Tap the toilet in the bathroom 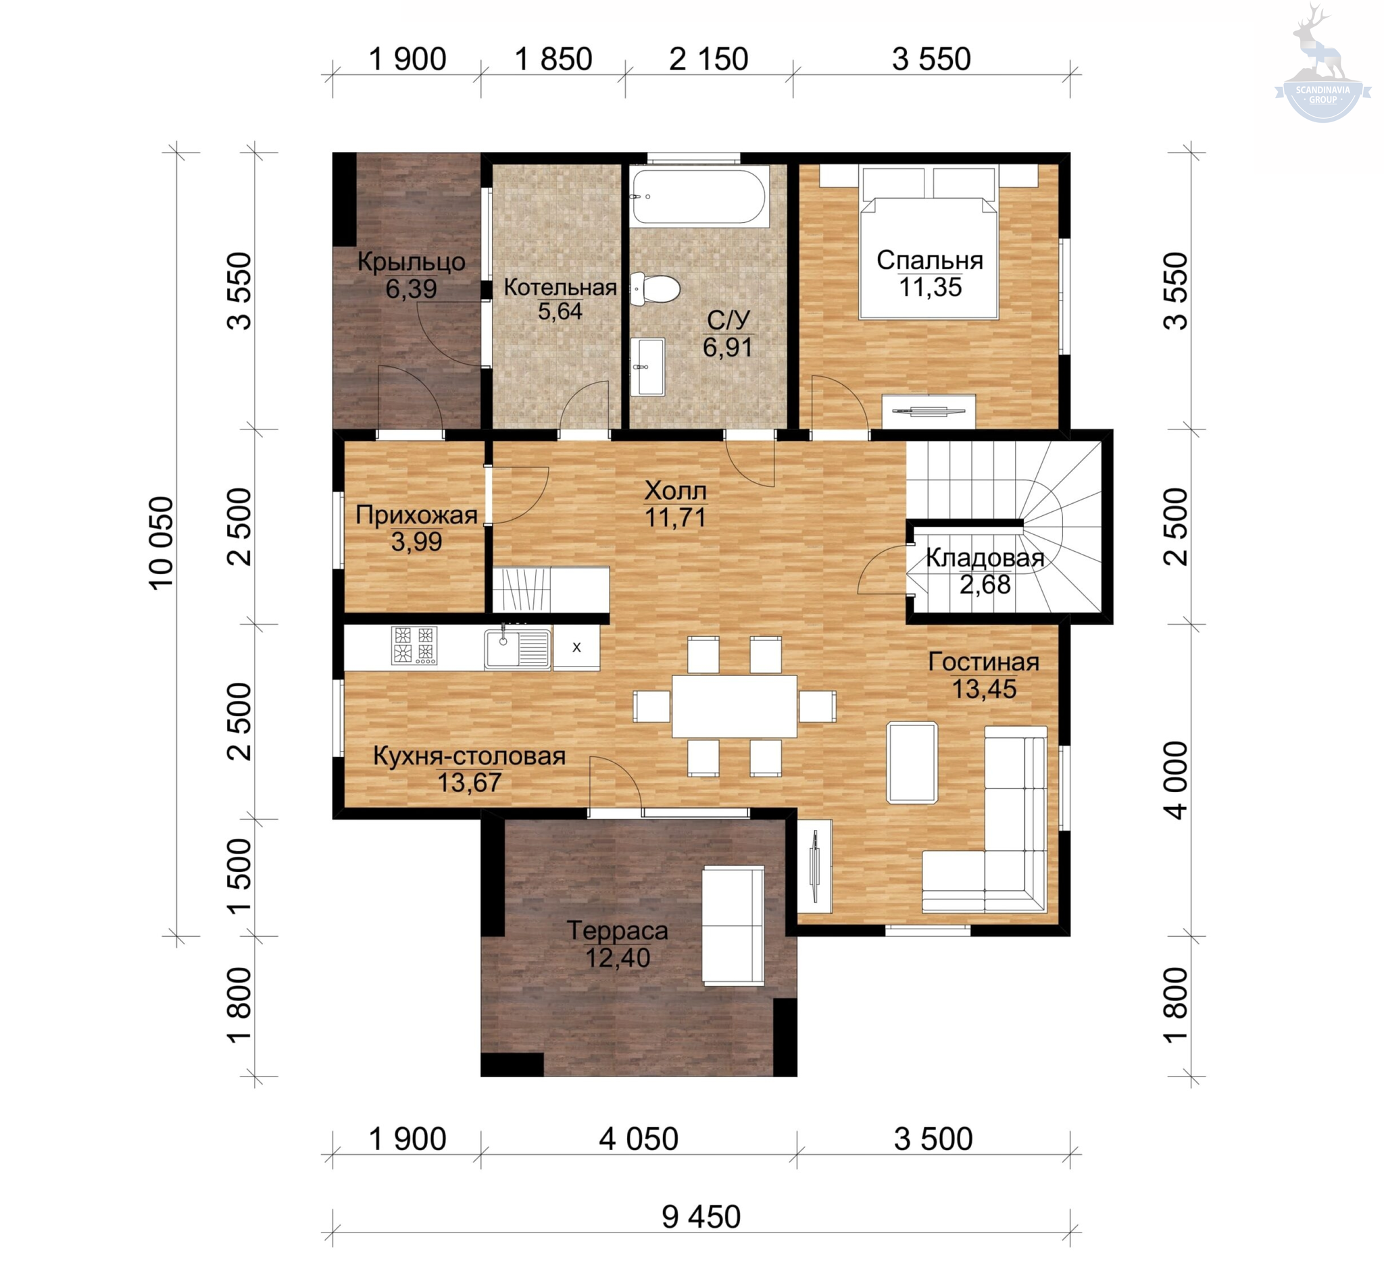pos(656,288)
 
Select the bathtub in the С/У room pos(699,197)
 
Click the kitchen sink pos(518,648)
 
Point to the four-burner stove pos(414,646)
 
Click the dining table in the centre pos(735,706)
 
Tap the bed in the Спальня pos(929,242)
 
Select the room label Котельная pos(560,287)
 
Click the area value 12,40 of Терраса pos(618,958)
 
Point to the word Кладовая pos(985,558)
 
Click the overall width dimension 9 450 pos(701,1217)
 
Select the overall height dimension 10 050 pos(163,543)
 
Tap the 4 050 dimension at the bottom pos(638,1139)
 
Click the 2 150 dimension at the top pos(708,59)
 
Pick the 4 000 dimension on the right pos(1177,781)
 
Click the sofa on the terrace pos(733,925)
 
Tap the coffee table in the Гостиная pos(912,762)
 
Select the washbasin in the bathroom pos(648,367)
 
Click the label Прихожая pos(416,515)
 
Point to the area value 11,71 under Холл pos(676,517)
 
